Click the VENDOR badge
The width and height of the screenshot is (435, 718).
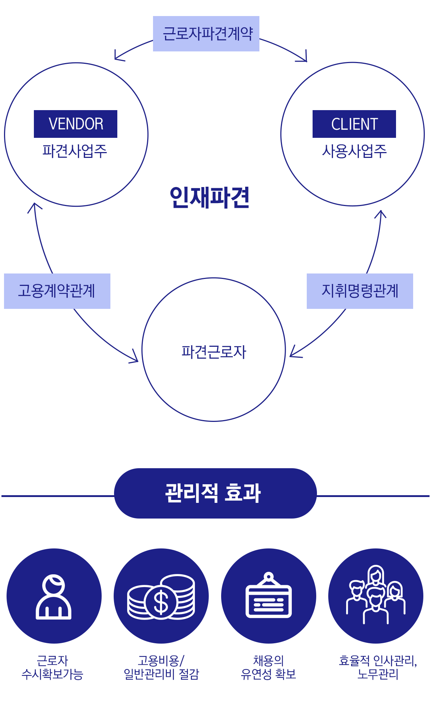point(75,124)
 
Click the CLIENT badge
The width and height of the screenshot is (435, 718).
point(354,124)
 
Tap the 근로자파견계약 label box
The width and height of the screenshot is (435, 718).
point(206,34)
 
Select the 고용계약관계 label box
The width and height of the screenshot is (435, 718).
point(57,291)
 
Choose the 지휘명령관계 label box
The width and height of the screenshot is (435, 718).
point(360,291)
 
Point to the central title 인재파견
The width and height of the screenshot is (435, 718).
point(209,197)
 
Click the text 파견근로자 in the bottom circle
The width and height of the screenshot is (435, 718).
point(214,352)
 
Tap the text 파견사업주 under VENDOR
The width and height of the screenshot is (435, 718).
point(75,151)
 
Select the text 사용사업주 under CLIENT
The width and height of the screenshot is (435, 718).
point(354,151)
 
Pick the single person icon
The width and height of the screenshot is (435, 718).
point(54,596)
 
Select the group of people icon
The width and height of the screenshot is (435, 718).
point(376,594)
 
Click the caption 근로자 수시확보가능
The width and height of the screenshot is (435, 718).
point(52,667)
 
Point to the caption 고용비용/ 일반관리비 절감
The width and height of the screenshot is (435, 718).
point(161,667)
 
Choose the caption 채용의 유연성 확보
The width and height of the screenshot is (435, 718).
point(269,667)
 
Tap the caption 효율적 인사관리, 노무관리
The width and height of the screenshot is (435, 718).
point(378,667)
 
